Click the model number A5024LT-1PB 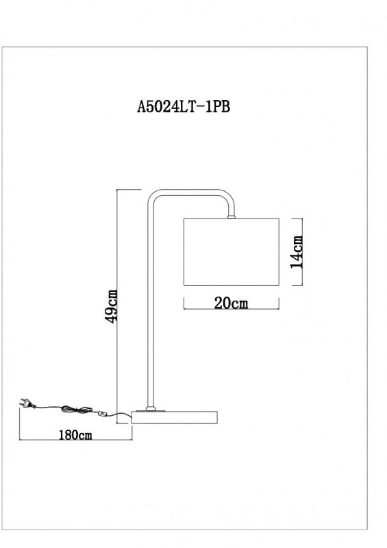[x=188, y=107]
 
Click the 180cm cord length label [x=75, y=435]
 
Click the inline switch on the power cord [x=103, y=414]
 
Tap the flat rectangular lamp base [x=175, y=416]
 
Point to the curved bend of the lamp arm [x=155, y=197]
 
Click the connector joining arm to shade [x=232, y=217]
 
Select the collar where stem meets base [x=150, y=409]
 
